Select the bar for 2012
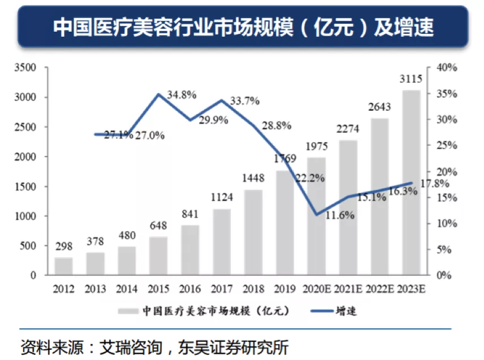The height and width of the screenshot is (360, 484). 63,266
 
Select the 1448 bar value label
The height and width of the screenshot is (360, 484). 253,179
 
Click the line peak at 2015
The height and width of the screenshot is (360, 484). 160,94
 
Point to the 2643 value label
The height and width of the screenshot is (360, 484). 379,107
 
